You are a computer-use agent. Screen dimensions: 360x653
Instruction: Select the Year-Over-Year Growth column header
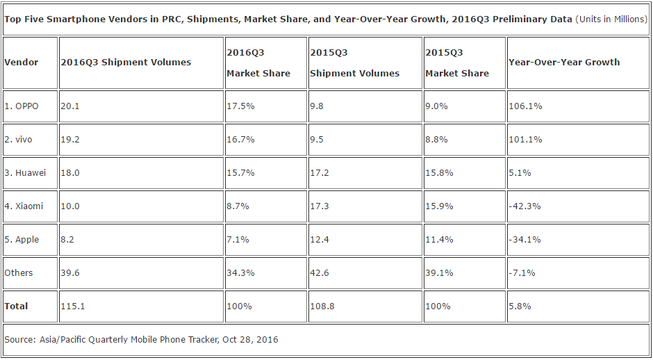click(x=564, y=62)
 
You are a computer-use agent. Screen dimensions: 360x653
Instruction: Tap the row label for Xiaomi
click(x=24, y=206)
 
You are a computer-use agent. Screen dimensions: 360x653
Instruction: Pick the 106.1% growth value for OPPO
click(x=525, y=106)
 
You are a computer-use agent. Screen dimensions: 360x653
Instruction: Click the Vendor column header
click(x=22, y=62)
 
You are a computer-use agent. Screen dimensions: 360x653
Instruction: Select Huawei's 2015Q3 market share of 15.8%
click(x=439, y=173)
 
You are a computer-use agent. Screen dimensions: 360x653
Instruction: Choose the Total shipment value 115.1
click(x=72, y=306)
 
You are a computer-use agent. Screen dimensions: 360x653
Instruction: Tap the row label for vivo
click(x=19, y=140)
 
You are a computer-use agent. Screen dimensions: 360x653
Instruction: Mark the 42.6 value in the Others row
click(x=320, y=273)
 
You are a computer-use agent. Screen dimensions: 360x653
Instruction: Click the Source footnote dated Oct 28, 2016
click(x=141, y=340)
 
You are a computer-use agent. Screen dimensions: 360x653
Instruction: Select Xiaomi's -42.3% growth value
click(x=524, y=206)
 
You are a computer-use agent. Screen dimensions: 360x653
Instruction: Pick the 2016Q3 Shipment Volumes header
click(x=126, y=62)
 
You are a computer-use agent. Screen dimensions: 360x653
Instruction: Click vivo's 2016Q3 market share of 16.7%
click(x=240, y=140)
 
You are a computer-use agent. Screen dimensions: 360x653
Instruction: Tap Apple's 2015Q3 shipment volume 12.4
click(x=320, y=240)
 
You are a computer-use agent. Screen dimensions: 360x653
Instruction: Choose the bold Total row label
click(x=17, y=306)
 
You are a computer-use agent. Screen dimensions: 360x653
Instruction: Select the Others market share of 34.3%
click(x=240, y=273)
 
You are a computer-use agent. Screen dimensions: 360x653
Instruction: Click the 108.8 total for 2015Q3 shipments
click(x=322, y=306)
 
